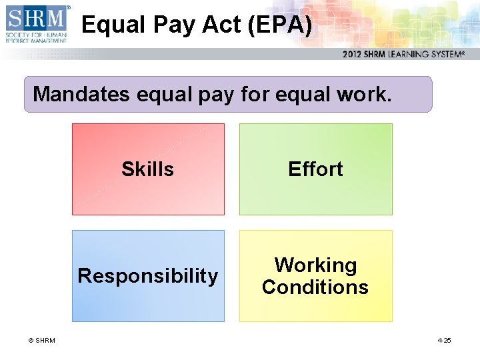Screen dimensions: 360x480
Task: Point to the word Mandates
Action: coord(81,95)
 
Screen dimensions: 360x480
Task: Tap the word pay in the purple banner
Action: coord(215,95)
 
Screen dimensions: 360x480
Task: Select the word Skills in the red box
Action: coord(147,169)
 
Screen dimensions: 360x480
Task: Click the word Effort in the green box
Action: coord(315,169)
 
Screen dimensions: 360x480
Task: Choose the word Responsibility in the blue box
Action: coord(148,276)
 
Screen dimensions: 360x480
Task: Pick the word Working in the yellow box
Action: coord(315,265)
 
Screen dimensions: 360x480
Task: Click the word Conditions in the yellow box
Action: coord(315,287)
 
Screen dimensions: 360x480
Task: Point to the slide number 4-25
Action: coord(444,341)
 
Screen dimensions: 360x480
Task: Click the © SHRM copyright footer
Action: coord(41,341)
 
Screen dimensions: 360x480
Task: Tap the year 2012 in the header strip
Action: coord(354,55)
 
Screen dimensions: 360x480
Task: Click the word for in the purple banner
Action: coord(254,95)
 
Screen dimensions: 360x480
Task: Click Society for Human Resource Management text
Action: coord(36,36)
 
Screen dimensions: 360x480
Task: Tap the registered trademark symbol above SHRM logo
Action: coord(68,7)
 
